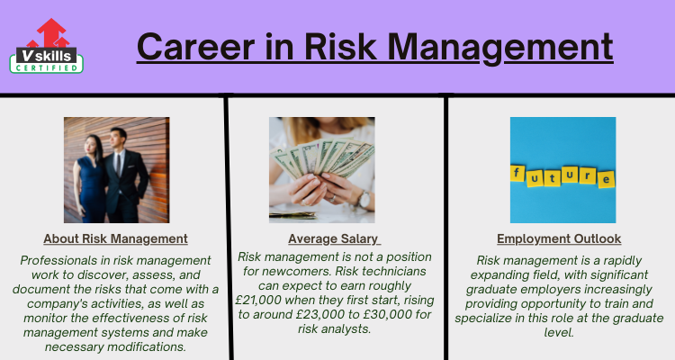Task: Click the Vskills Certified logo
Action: tap(47, 46)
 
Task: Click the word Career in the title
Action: tap(196, 47)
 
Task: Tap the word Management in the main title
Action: tap(499, 49)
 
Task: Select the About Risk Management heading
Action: tap(115, 238)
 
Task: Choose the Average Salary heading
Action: tap(333, 238)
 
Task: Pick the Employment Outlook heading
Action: tap(559, 238)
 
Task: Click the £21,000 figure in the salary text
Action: tap(258, 300)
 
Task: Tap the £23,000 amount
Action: tap(320, 315)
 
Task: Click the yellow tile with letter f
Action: tap(517, 173)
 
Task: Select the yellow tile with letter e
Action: tap(606, 179)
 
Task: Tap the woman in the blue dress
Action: tap(91, 179)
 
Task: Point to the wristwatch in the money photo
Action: tap(364, 200)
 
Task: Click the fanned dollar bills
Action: tap(322, 158)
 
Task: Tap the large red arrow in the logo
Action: tap(51, 32)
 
